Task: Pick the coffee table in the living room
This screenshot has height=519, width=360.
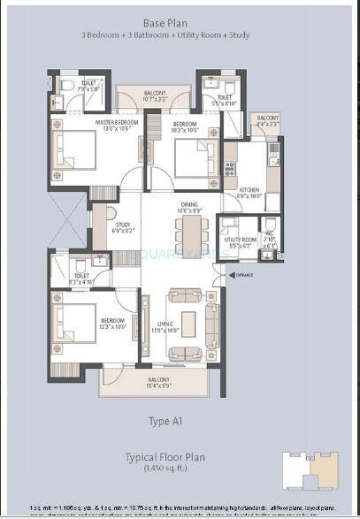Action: [x=188, y=319]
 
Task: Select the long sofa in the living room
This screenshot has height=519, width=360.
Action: [x=211, y=324]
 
